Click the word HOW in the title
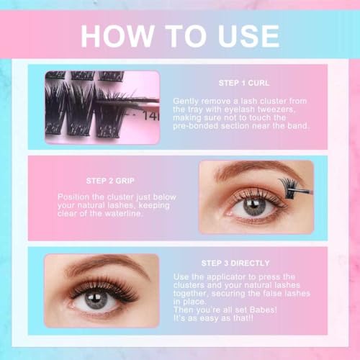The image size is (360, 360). click(x=117, y=36)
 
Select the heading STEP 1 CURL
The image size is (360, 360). click(x=244, y=83)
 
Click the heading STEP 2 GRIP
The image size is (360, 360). click(x=110, y=181)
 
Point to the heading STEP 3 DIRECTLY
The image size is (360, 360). click(x=235, y=263)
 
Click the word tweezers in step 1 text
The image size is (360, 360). click(x=276, y=109)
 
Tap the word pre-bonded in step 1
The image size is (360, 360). click(x=196, y=126)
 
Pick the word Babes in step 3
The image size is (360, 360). click(x=263, y=310)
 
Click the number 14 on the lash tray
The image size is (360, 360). click(x=149, y=116)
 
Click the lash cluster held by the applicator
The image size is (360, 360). click(x=288, y=187)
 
